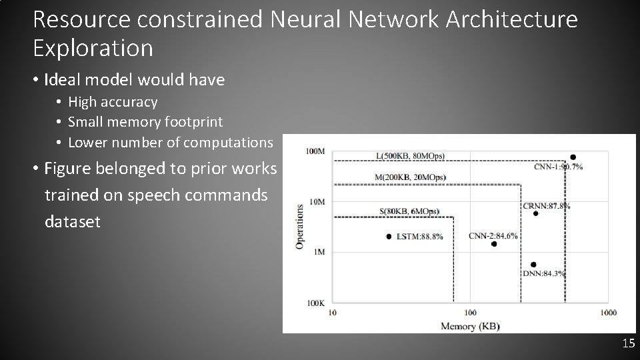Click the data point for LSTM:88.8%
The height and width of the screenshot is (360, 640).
point(389,237)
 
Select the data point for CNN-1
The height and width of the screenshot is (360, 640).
point(573,157)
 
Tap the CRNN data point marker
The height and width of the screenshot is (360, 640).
point(535,213)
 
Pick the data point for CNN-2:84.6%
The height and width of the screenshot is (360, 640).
point(494,244)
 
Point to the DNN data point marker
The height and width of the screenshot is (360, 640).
point(533,265)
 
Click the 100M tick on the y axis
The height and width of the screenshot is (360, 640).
point(315,151)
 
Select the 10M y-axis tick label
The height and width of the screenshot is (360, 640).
point(317,201)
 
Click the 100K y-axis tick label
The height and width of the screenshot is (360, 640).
point(315,303)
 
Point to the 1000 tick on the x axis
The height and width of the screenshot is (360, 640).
point(607,313)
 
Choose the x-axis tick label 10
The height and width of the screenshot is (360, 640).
point(333,313)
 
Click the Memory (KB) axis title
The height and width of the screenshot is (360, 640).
point(470,326)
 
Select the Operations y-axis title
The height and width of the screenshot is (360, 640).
point(299,227)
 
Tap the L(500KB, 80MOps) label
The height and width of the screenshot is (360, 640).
point(410,156)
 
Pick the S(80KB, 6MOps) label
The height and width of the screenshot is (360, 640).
point(409,211)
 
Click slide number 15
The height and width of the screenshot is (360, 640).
point(627,344)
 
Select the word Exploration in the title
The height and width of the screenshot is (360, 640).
point(93,48)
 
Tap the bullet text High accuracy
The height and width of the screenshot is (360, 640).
point(113,102)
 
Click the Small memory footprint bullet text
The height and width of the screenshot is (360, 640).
point(145,122)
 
